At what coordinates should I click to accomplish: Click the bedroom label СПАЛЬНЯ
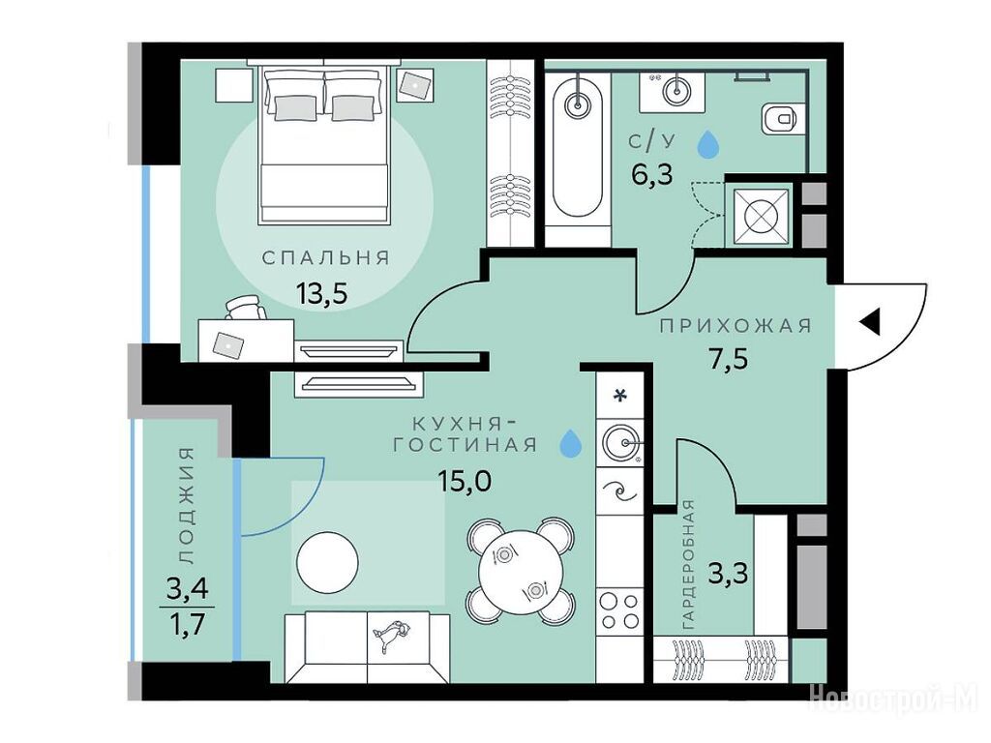326,257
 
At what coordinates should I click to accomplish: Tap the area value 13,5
322,293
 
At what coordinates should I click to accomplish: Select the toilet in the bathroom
781,118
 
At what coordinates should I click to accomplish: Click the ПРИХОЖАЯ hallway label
736,326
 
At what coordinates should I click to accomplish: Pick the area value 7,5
726,360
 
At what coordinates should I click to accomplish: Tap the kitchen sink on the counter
621,441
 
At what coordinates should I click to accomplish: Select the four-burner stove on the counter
619,610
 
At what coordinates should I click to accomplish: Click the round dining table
520,571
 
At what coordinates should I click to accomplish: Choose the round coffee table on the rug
327,562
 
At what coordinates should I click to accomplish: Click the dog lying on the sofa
391,635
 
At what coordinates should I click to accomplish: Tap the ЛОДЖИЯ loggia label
187,505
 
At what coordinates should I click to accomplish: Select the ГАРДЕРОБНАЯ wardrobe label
688,564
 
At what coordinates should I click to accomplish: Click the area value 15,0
465,482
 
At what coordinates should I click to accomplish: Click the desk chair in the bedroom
245,308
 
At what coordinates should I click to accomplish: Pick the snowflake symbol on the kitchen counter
621,396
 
